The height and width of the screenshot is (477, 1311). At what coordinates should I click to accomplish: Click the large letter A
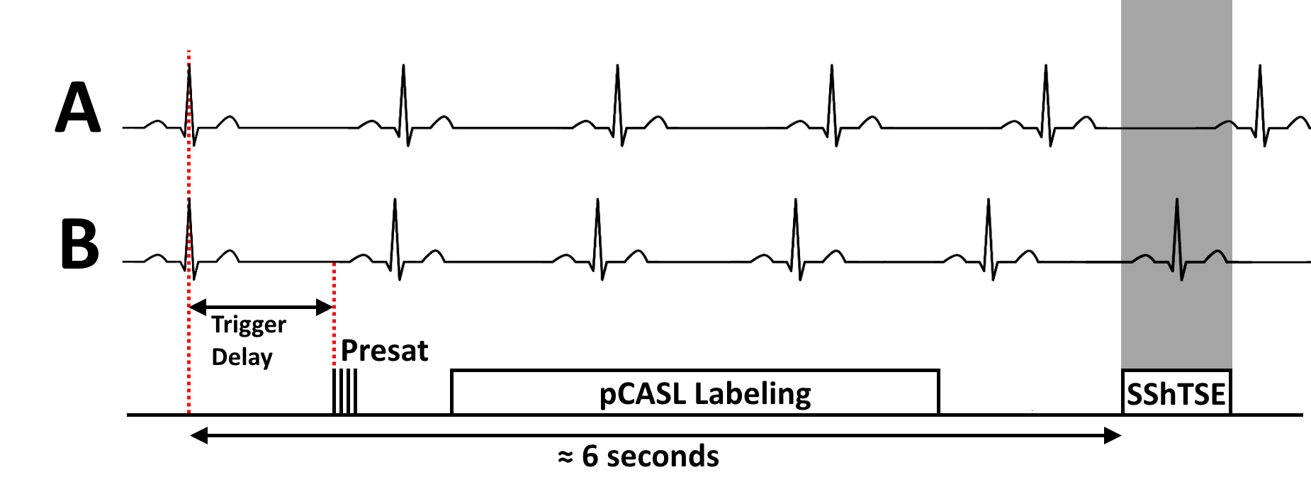pos(78,108)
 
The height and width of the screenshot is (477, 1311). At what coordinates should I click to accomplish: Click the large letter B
pos(79,243)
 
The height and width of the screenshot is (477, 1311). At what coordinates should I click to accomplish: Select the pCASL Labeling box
pos(694,391)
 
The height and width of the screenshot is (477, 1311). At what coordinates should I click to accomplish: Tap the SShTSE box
pos(1176,392)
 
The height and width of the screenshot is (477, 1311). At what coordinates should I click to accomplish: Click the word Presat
pos(384,351)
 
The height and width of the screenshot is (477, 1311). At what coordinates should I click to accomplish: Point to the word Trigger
pos(249,325)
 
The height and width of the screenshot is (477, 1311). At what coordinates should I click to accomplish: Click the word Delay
pos(242,357)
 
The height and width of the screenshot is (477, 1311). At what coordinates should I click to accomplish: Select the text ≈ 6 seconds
pos(638,456)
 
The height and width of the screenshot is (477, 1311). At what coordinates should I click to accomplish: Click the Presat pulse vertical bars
pos(344,391)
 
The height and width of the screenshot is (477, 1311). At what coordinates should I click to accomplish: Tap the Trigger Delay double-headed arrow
pos(261,307)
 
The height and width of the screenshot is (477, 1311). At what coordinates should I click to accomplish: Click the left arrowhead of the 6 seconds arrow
pos(199,435)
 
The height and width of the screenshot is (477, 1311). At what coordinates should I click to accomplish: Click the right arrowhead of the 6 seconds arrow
pos(1112,435)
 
